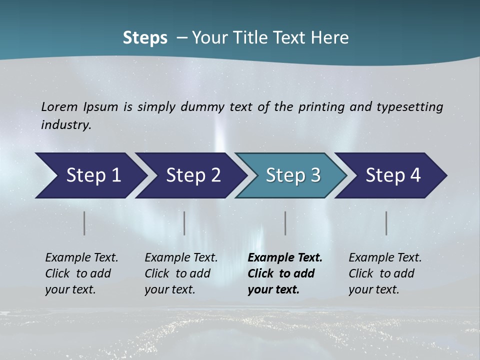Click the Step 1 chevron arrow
tap(90, 175)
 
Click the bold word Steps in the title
tap(145, 38)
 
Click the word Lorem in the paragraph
tap(59, 106)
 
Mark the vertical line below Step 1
tap(84, 223)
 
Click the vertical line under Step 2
tap(184, 223)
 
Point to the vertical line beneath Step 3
tap(285, 223)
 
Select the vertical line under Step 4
tap(386, 223)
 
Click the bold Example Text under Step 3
tap(285, 257)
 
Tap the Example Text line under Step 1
tap(81, 257)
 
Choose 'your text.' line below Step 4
tap(373, 289)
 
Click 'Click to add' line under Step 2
tap(177, 273)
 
